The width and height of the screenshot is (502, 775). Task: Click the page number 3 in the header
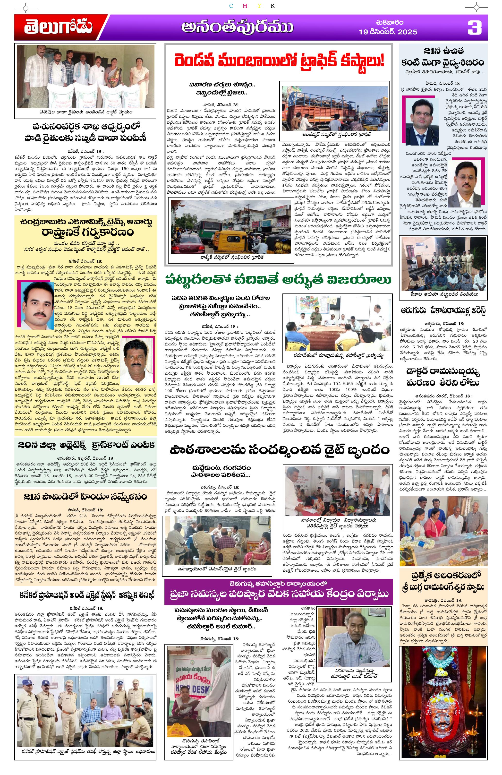474,27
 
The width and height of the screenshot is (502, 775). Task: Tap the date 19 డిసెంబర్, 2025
388,32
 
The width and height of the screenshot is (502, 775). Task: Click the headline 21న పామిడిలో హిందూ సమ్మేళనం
85,497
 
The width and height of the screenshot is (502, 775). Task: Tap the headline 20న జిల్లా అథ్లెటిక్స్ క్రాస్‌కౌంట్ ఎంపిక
85,445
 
